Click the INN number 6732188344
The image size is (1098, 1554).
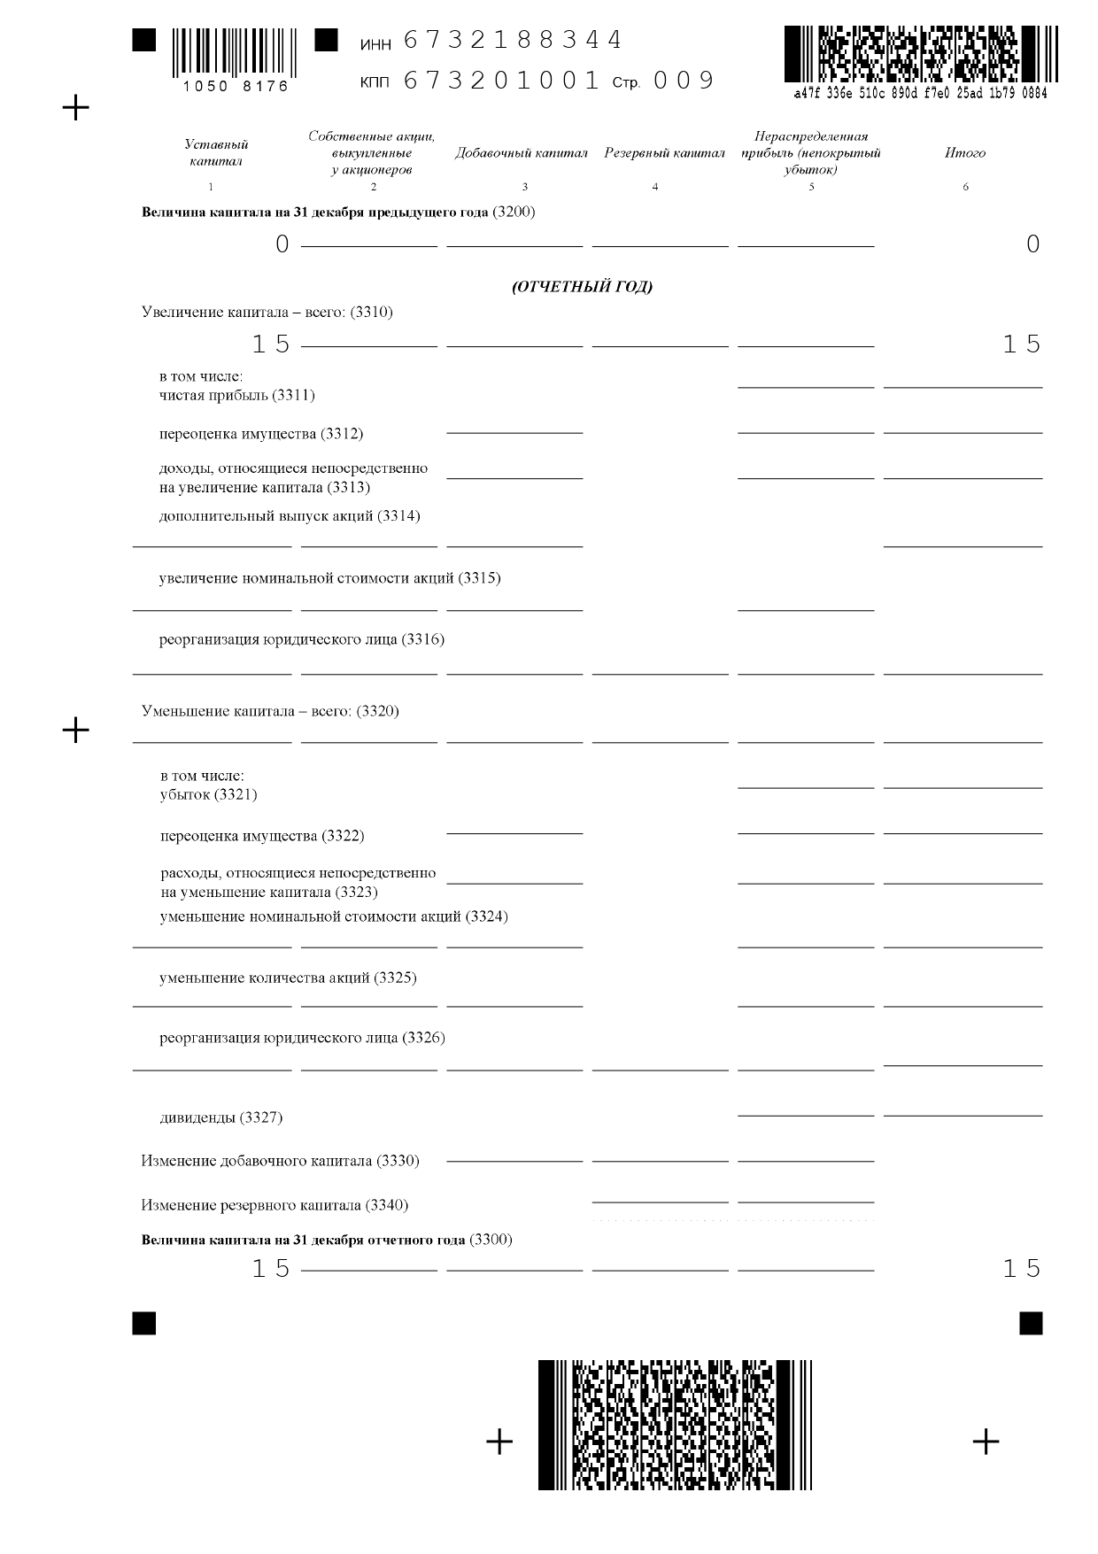pos(513,41)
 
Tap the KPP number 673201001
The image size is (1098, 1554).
pos(502,81)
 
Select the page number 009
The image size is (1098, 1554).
pos(684,81)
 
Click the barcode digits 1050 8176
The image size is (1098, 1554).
pos(236,87)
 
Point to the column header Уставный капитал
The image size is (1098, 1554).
pos(216,152)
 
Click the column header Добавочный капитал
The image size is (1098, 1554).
pos(522,153)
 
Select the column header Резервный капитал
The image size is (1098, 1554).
pos(664,153)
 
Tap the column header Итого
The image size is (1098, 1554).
pos(964,153)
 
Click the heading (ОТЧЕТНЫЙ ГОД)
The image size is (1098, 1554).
pos(582,287)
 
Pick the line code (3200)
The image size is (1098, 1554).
pos(514,213)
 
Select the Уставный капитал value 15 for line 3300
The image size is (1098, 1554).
pos(271,1269)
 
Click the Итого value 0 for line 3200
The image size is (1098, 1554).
pos(1032,244)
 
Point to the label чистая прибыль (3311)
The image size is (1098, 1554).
pos(237,395)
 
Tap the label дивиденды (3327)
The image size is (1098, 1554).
pos(221,1117)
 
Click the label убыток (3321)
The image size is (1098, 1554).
pos(209,794)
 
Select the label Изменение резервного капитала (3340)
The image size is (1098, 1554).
pos(274,1205)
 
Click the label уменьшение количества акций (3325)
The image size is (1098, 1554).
pos(288,978)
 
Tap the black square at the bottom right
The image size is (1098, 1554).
pos(1031,1323)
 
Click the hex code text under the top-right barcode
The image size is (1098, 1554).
pos(921,93)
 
